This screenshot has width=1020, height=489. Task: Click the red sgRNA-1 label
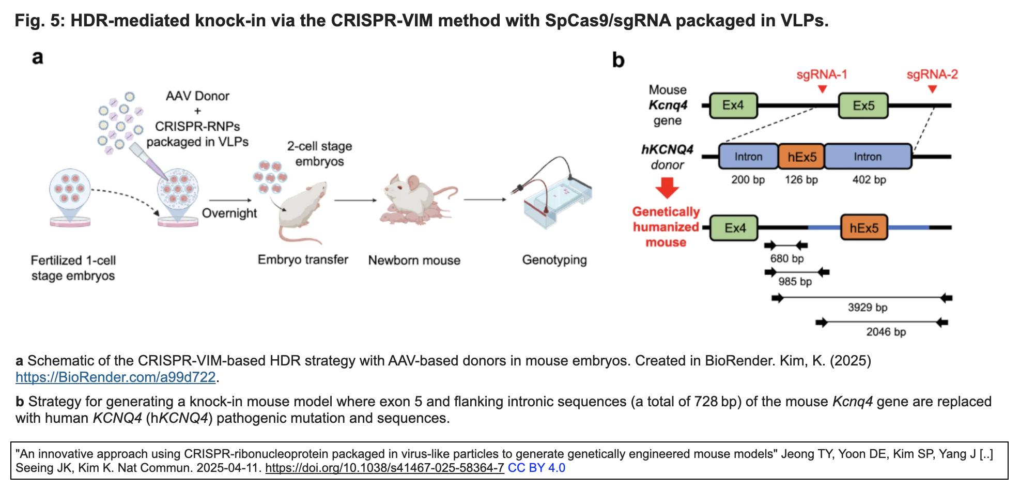(822, 75)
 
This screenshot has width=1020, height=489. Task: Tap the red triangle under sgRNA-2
(932, 89)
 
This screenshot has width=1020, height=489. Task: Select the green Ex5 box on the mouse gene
(863, 106)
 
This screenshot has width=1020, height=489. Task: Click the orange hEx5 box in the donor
(801, 157)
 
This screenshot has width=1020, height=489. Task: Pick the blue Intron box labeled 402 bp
(868, 157)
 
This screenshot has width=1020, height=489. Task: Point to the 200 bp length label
(748, 180)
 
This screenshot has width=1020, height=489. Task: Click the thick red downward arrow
(667, 188)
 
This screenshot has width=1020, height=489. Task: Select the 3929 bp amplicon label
(867, 308)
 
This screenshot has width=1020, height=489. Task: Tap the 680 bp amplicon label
(786, 258)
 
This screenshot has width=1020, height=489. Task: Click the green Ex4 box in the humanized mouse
(734, 228)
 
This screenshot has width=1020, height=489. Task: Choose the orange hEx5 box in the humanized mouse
(864, 228)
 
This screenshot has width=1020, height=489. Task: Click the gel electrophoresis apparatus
(555, 202)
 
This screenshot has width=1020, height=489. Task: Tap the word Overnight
(229, 213)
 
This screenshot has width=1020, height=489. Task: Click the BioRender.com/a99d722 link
(115, 377)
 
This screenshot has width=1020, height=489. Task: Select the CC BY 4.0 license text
(536, 468)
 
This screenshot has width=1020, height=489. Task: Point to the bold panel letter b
(618, 60)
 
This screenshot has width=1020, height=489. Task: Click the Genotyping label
(554, 260)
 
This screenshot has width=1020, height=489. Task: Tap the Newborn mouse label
(414, 261)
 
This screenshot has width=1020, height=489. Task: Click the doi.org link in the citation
(384, 468)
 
